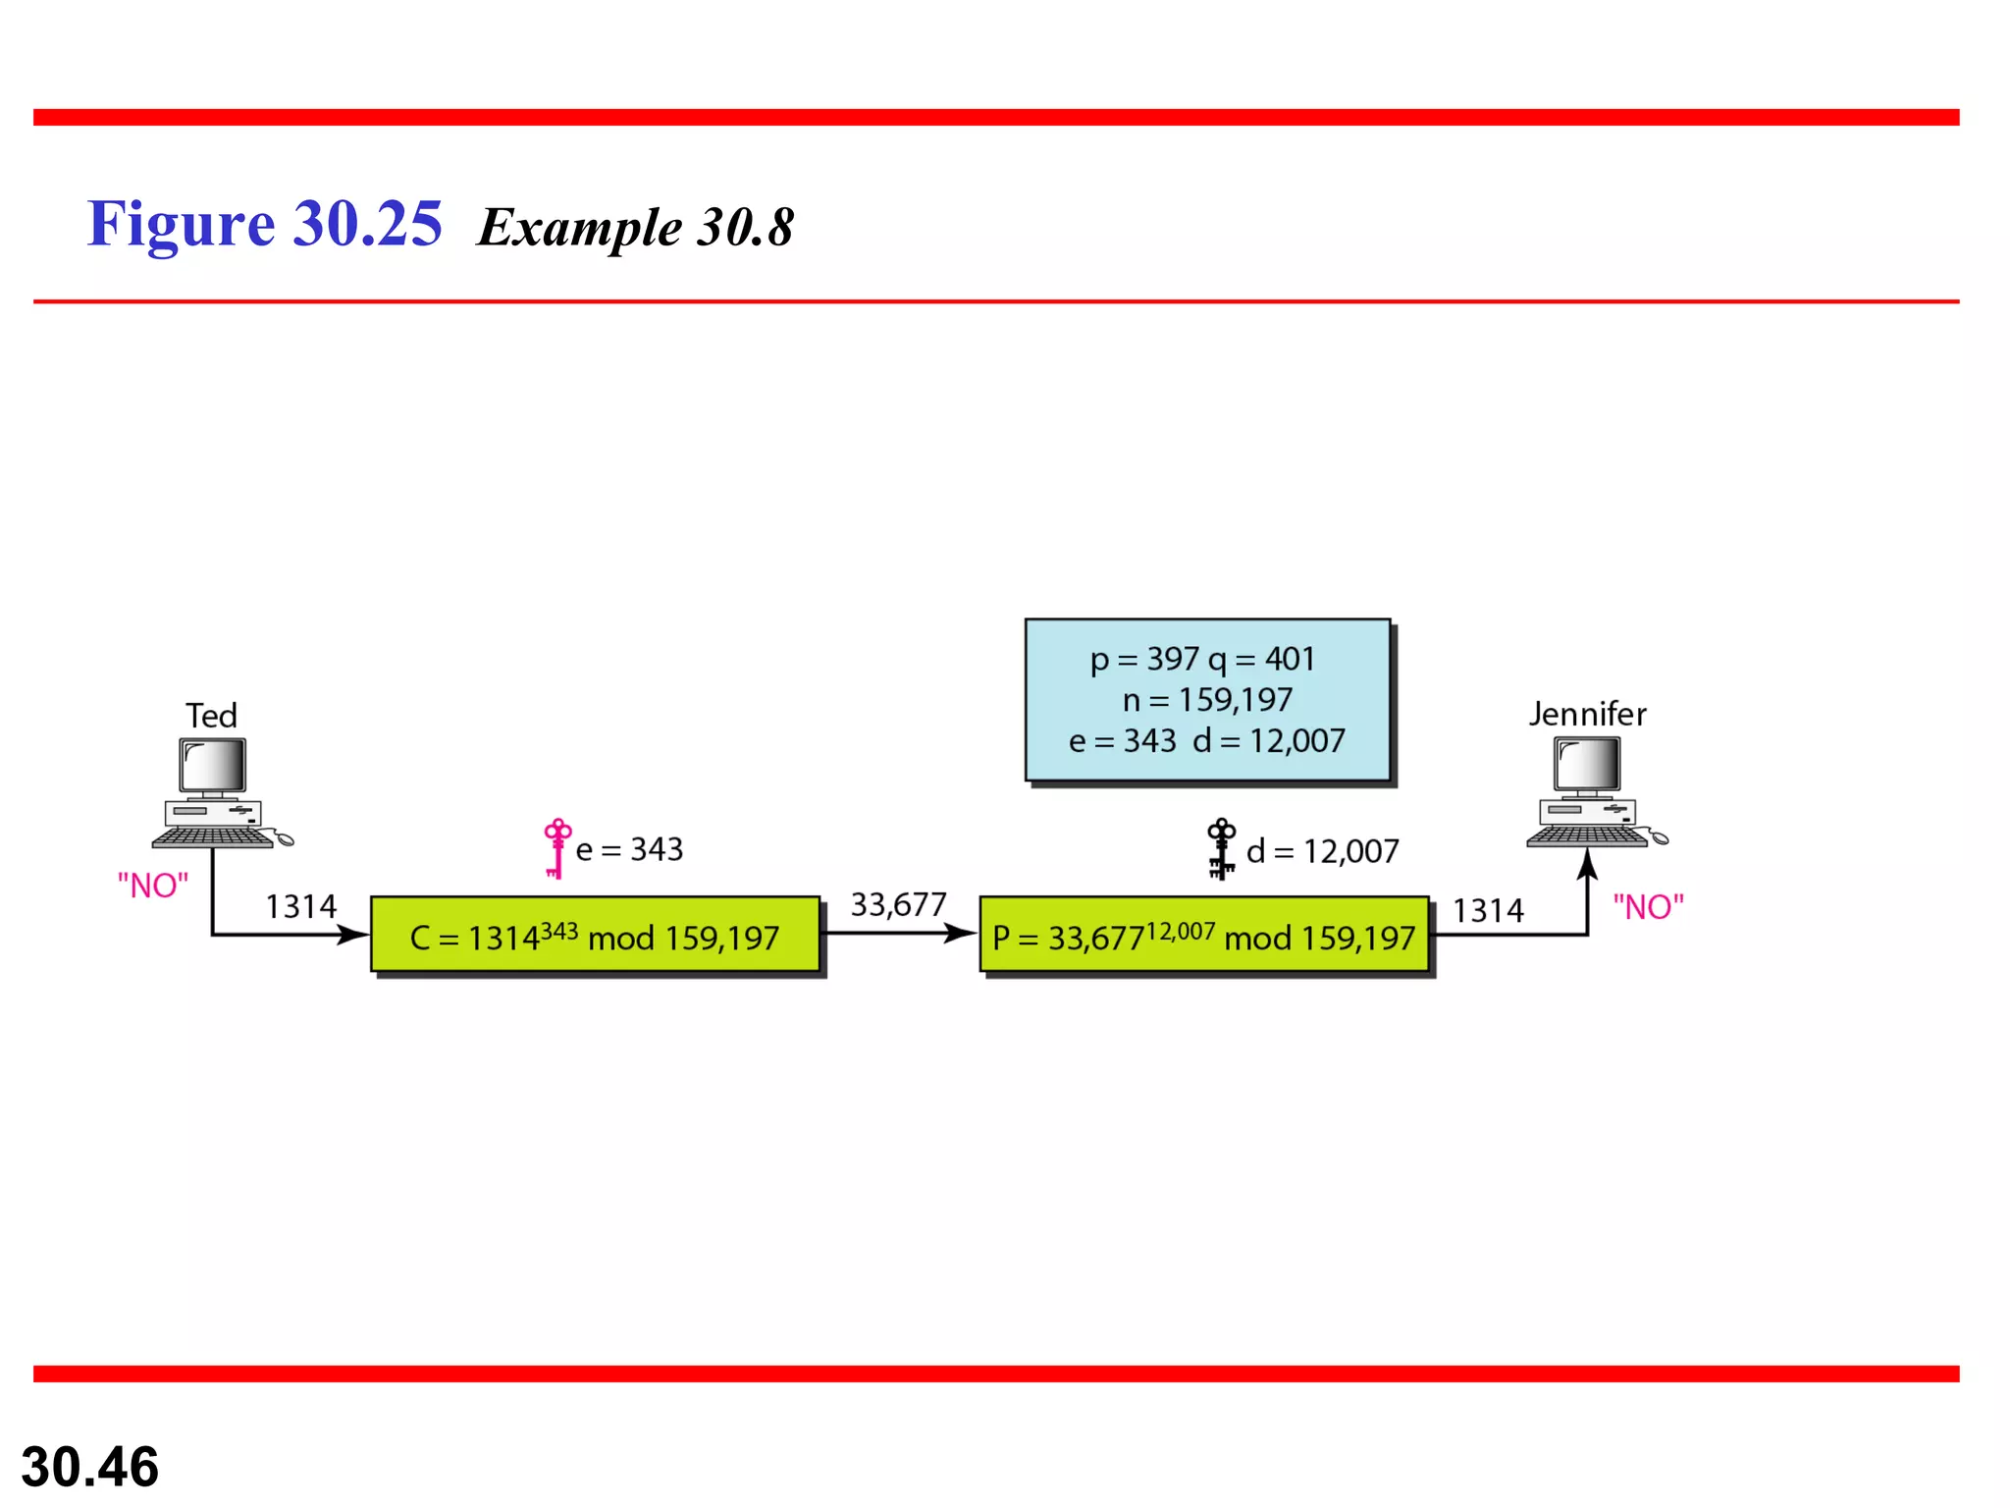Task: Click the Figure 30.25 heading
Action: tap(265, 224)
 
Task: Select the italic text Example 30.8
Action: tap(635, 228)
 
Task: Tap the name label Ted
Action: tap(211, 716)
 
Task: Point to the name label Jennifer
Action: tap(1587, 714)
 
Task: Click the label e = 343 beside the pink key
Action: tap(629, 849)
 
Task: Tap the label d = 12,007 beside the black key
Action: tap(1322, 851)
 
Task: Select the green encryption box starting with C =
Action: tap(595, 936)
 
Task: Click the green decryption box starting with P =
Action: tap(1204, 936)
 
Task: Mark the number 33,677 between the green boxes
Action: tap(898, 904)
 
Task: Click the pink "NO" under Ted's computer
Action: tap(153, 886)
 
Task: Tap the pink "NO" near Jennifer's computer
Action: tap(1648, 907)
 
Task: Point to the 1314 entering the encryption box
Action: tap(300, 906)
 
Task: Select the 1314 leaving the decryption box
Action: tap(1488, 910)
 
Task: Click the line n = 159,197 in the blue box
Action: tap(1207, 700)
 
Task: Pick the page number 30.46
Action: tap(90, 1467)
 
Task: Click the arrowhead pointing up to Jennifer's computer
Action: tap(1587, 865)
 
